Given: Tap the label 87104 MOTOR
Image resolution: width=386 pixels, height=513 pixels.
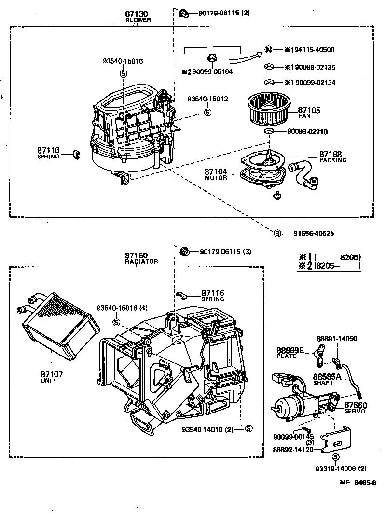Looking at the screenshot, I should pos(215,174).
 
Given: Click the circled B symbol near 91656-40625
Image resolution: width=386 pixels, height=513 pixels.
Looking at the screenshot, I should pos(277,233).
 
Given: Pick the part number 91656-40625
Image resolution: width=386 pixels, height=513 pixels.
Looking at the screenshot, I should pos(314,233).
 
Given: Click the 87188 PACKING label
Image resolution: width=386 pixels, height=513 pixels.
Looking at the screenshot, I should pos(332,157).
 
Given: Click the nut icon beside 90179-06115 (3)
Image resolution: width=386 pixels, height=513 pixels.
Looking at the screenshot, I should pos(184,251).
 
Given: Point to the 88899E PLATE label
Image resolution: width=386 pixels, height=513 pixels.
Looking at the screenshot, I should pos(289,352).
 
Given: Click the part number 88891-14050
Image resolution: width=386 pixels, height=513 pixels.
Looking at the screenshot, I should pos(337,339).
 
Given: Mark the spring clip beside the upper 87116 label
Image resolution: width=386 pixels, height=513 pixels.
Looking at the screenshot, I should pos(76,154).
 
